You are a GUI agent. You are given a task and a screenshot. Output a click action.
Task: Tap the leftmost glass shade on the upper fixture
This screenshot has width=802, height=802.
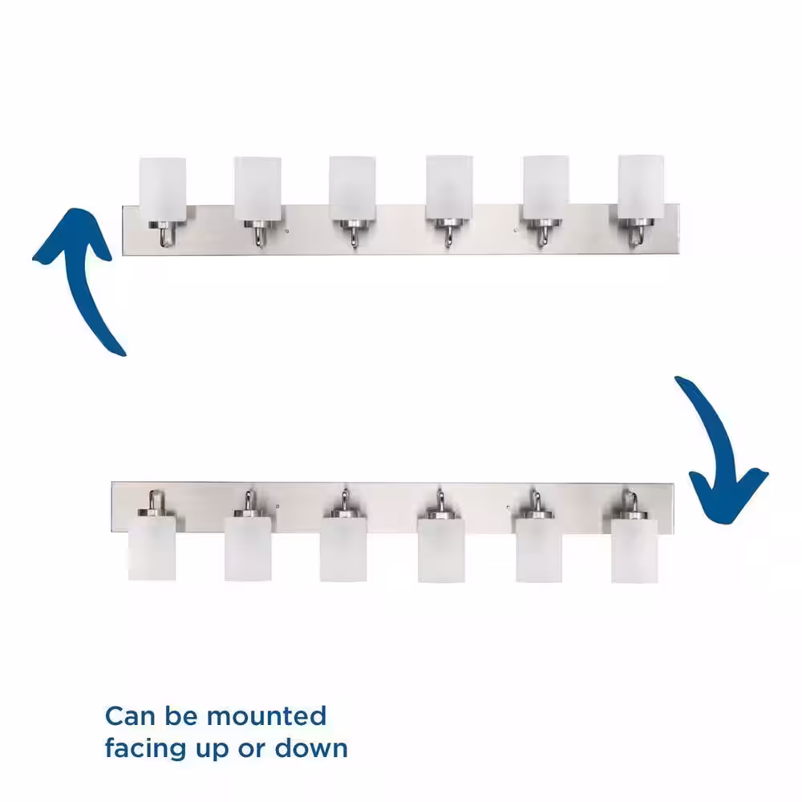163,189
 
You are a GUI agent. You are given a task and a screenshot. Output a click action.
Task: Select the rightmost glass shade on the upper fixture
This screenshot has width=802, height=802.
641,188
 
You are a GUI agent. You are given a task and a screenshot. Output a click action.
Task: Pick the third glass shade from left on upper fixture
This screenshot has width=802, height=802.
352,188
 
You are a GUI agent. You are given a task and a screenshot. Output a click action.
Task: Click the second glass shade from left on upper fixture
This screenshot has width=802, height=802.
257,188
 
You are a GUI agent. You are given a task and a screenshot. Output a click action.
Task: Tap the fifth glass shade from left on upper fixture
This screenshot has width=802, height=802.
545,188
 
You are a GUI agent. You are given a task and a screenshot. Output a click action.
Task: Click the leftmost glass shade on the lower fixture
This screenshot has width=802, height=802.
152,548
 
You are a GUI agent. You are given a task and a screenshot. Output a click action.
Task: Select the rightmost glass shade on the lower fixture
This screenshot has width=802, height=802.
634,551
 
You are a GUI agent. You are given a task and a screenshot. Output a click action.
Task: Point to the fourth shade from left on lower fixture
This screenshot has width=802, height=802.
441,550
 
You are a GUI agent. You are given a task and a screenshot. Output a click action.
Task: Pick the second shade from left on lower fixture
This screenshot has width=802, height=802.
248,549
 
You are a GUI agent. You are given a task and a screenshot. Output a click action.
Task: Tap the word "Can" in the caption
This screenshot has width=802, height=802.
129,716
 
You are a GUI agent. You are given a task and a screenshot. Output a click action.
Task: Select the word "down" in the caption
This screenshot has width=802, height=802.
311,749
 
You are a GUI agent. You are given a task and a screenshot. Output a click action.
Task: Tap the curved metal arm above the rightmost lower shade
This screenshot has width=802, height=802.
633,501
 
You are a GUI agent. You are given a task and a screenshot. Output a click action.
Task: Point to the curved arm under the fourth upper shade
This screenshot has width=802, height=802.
448,237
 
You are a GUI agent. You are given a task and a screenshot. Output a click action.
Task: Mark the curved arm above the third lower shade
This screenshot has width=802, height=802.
345,500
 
